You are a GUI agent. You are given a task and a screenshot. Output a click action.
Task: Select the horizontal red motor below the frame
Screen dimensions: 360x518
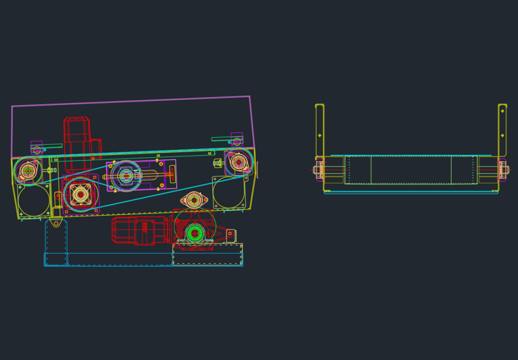[138, 230]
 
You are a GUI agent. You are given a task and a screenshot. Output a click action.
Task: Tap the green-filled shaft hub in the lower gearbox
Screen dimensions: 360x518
[195, 233]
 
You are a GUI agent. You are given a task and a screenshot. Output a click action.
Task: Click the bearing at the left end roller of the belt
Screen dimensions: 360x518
[28, 171]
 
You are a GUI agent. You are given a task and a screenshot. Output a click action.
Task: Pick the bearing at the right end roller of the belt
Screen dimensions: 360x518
[239, 162]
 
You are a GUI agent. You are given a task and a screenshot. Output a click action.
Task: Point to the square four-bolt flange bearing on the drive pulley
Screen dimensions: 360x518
[80, 194]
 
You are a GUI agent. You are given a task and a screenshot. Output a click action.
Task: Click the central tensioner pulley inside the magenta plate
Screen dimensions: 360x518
[125, 176]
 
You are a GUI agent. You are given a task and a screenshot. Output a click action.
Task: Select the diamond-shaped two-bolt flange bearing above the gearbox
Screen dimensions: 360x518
[194, 200]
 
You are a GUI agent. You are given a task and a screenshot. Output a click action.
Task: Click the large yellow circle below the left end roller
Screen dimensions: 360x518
[34, 201]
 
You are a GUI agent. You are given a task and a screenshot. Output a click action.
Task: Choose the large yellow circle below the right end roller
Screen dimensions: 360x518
[229, 192]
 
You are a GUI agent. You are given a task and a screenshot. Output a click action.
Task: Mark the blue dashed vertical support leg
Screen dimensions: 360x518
[56, 243]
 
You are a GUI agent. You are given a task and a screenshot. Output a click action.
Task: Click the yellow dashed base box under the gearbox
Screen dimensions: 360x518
[207, 255]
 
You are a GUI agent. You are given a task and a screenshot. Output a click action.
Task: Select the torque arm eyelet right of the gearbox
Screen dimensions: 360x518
[230, 233]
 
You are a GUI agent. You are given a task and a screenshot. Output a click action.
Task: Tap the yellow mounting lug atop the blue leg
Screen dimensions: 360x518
[56, 222]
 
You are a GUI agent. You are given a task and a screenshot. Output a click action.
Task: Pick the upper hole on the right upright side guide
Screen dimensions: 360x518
[502, 111]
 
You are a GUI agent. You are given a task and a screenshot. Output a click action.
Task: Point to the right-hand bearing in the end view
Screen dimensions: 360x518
[503, 170]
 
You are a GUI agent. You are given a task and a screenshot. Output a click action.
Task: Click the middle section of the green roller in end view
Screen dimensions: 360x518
[411, 170]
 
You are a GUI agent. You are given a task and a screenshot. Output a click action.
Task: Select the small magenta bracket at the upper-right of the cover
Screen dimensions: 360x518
[237, 139]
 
